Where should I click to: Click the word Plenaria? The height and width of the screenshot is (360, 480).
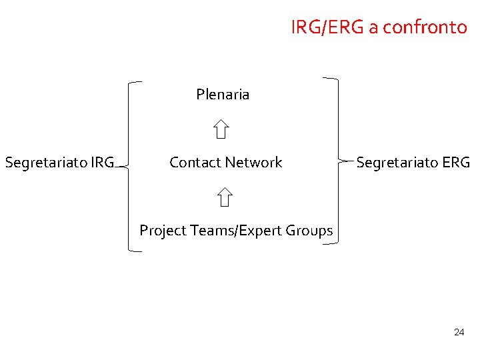click(223, 95)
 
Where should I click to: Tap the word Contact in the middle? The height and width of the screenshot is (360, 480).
click(195, 163)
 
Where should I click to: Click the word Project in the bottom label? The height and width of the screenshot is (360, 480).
click(163, 231)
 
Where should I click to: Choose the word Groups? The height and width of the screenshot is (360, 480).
click(309, 231)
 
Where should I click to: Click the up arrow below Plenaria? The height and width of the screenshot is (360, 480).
click(222, 129)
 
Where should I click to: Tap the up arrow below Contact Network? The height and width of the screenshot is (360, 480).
click(225, 197)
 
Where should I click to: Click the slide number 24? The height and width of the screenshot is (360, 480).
click(459, 332)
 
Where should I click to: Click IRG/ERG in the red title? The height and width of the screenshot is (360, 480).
click(327, 27)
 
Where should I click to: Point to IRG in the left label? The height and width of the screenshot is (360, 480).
click(101, 163)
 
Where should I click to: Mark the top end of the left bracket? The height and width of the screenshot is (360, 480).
click(141, 82)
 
